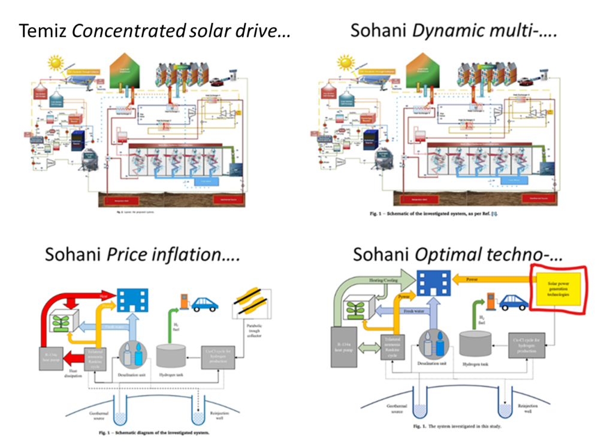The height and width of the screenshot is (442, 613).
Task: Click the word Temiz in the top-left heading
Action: click(43, 31)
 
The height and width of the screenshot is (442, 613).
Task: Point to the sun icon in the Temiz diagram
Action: click(57, 62)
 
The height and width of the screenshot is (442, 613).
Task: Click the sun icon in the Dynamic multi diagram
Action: click(346, 62)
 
